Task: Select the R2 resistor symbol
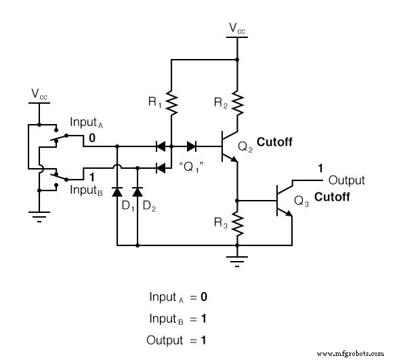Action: (236, 103)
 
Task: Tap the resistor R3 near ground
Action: (236, 222)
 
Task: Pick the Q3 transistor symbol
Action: (282, 201)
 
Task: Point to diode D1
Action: (117, 190)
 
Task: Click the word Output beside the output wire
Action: (346, 180)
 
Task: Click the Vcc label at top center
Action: (237, 28)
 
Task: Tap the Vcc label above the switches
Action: (39, 94)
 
